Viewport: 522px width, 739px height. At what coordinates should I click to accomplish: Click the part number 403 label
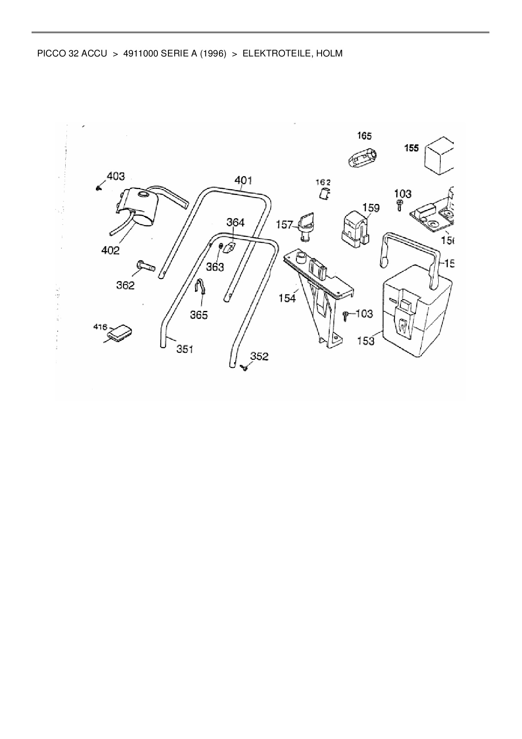[116, 176]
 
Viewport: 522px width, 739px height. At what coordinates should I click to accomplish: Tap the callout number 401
[243, 180]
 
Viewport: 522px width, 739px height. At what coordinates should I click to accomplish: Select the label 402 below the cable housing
[110, 250]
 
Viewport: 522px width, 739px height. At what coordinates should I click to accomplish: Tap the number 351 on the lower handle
[185, 349]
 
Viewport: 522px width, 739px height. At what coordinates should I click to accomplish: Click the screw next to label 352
[244, 368]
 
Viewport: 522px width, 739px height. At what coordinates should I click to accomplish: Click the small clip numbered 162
[323, 194]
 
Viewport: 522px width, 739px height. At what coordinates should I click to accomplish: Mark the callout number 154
[287, 298]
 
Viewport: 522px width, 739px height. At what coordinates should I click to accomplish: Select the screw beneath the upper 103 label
[399, 206]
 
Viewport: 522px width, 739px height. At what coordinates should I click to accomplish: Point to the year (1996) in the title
[213, 54]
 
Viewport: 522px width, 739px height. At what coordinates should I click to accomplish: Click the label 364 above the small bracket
[235, 222]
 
